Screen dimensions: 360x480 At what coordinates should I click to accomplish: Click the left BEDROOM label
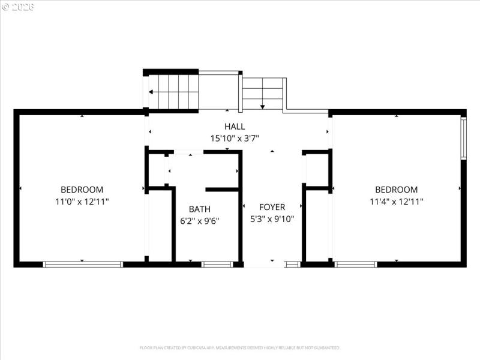(x=82, y=190)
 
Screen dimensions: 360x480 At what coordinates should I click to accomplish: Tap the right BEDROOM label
(x=396, y=190)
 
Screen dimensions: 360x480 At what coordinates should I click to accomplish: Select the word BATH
(x=200, y=209)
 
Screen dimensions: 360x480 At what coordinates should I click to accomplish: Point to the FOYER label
(x=272, y=208)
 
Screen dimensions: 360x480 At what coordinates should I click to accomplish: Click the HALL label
(x=235, y=127)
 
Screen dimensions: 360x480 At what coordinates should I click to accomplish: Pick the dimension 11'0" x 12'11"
(x=82, y=202)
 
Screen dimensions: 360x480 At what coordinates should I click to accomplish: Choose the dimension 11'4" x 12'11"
(x=396, y=202)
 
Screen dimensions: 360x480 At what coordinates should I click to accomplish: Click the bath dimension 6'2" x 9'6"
(x=200, y=221)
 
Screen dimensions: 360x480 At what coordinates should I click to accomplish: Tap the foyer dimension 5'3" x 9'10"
(x=272, y=219)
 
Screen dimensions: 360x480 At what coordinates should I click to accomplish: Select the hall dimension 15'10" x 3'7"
(x=235, y=138)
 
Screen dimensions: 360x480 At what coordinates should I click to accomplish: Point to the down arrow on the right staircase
(x=262, y=106)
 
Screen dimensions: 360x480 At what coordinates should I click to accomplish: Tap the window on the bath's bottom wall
(x=217, y=264)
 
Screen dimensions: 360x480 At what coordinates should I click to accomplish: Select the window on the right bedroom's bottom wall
(x=356, y=264)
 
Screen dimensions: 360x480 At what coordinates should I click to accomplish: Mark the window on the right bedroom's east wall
(x=463, y=138)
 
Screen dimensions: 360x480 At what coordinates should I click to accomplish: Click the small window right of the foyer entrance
(x=292, y=264)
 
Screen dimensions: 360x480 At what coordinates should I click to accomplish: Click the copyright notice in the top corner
(x=18, y=7)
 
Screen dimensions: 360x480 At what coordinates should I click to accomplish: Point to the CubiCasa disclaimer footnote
(x=240, y=348)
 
